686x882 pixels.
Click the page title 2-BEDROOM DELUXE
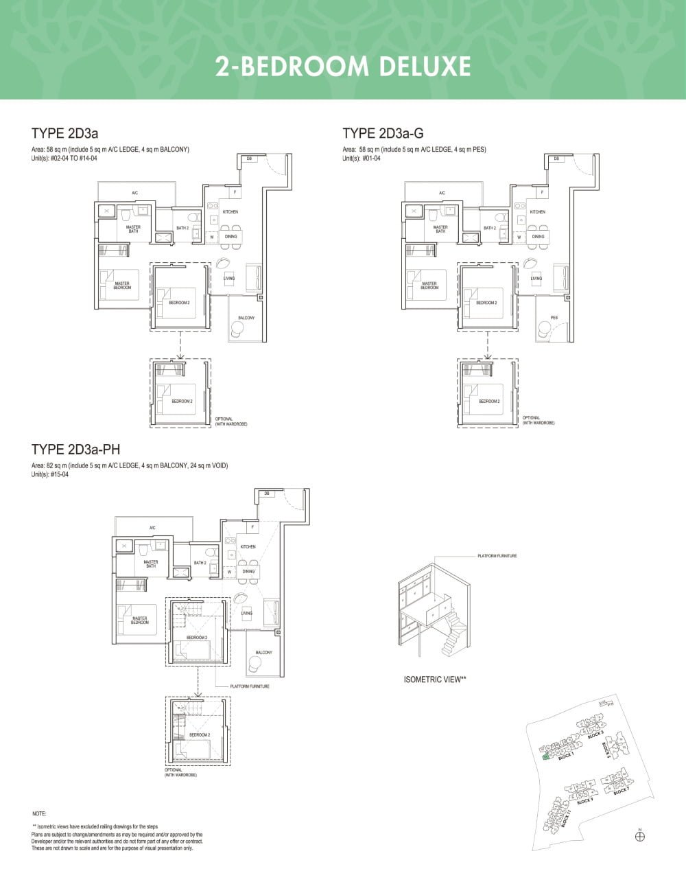point(343,67)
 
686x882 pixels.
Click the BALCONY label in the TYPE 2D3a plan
point(246,318)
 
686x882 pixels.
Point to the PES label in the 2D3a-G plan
point(554,318)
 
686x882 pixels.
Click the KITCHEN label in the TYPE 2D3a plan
point(230,212)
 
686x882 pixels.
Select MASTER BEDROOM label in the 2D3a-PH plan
point(140,620)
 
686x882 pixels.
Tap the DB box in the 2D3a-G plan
point(556,159)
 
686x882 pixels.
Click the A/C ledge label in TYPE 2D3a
point(135,193)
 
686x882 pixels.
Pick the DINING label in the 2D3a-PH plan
point(248,571)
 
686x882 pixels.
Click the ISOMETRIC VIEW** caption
point(435,680)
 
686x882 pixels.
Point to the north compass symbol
point(640,835)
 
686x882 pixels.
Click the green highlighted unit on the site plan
point(545,757)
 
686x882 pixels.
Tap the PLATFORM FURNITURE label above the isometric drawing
point(497,556)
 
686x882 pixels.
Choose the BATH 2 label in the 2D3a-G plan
point(489,228)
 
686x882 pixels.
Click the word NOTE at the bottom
point(39,813)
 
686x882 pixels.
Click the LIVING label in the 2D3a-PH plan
point(247,613)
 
